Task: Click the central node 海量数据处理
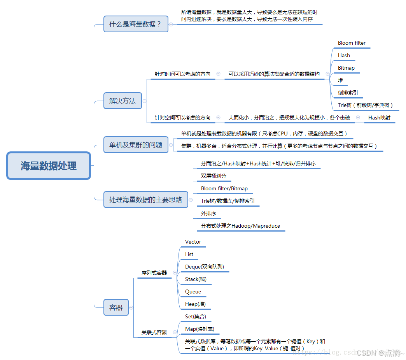[x=49, y=166]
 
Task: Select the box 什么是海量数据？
[x=136, y=24]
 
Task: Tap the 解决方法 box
[x=122, y=101]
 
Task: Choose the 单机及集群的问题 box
[x=136, y=145]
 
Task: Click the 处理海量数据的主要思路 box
[x=145, y=200]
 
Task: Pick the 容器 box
[x=116, y=307]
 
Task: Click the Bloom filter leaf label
[x=352, y=43]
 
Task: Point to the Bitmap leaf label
[x=346, y=68]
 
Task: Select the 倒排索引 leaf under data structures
[x=348, y=93]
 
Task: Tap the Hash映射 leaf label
[x=379, y=118]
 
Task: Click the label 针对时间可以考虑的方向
[x=182, y=74]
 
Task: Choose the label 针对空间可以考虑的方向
[x=182, y=118]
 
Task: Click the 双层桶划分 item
[x=213, y=176]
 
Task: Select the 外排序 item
[x=208, y=213]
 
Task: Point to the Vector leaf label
[x=193, y=242]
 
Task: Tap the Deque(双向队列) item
[x=205, y=267]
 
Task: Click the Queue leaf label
[x=193, y=292]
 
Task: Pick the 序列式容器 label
[x=154, y=273]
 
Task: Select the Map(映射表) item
[x=199, y=329]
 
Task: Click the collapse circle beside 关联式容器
[x=175, y=332]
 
